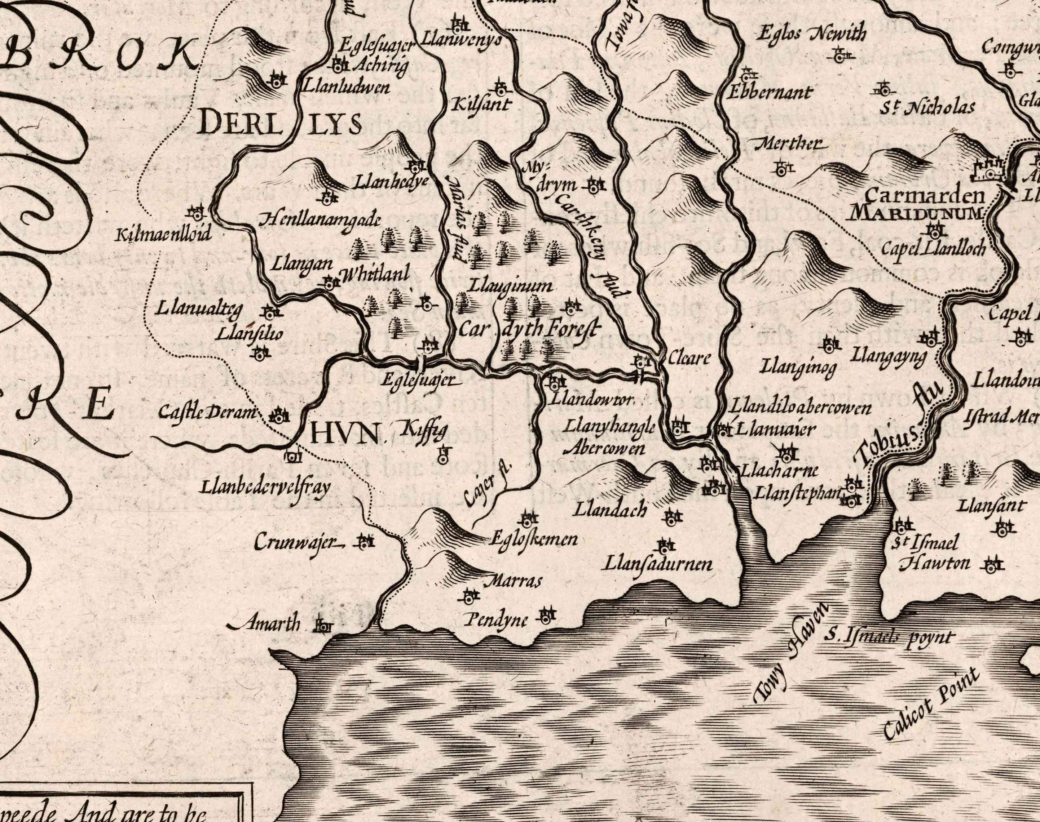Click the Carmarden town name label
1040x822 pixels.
tap(925, 196)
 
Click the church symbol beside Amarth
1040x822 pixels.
tap(323, 626)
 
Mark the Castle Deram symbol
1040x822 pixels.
tap(278, 417)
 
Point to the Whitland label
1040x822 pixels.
tap(375, 274)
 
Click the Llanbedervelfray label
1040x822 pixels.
tap(265, 488)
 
